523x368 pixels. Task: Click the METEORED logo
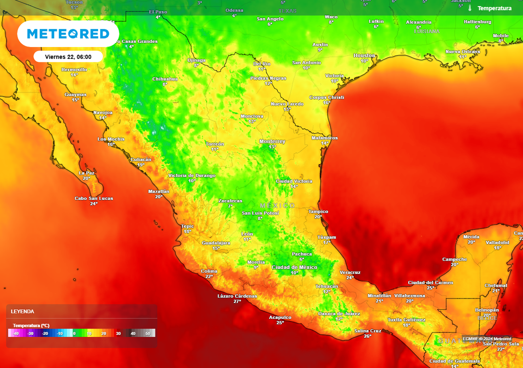(x=68, y=34)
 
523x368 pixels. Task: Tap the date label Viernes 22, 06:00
(x=68, y=57)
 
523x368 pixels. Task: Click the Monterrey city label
(x=272, y=141)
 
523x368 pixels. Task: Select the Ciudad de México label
(x=294, y=267)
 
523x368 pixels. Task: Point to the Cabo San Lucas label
(x=94, y=198)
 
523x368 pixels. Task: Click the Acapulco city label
(x=280, y=317)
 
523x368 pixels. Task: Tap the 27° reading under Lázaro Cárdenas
(x=237, y=302)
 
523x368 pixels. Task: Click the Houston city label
(x=364, y=55)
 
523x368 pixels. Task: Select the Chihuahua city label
(x=165, y=79)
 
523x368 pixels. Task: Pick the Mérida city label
(x=471, y=237)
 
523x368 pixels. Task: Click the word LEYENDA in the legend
(x=22, y=311)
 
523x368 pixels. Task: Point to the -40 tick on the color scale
(x=16, y=333)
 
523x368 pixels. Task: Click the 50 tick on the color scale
(x=148, y=333)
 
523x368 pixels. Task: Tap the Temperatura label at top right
(x=494, y=8)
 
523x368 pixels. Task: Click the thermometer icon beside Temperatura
(x=469, y=8)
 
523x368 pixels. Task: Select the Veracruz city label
(x=350, y=272)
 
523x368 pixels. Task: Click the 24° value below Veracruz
(x=350, y=278)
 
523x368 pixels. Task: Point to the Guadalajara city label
(x=216, y=243)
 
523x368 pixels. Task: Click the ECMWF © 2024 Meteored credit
(x=488, y=338)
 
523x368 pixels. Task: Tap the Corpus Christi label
(x=327, y=97)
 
